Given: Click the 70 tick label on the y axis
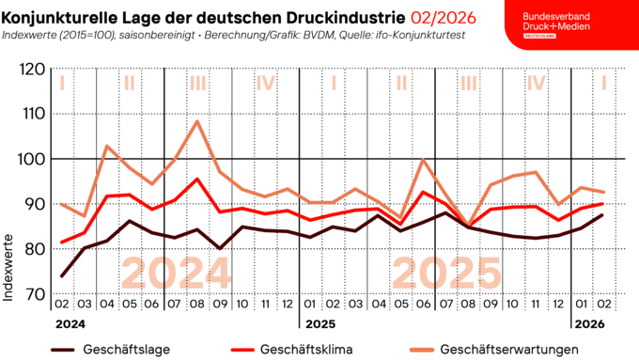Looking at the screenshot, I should tap(35, 294).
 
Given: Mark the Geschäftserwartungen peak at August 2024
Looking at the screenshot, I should tap(196, 120).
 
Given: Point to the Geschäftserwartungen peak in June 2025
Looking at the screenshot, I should tap(424, 159).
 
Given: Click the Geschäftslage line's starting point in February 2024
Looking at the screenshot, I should tap(62, 276).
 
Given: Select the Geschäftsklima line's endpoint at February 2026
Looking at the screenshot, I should tap(603, 204).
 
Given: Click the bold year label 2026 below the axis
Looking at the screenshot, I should tap(589, 325).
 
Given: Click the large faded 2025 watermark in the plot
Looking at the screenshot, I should tap(446, 274).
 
